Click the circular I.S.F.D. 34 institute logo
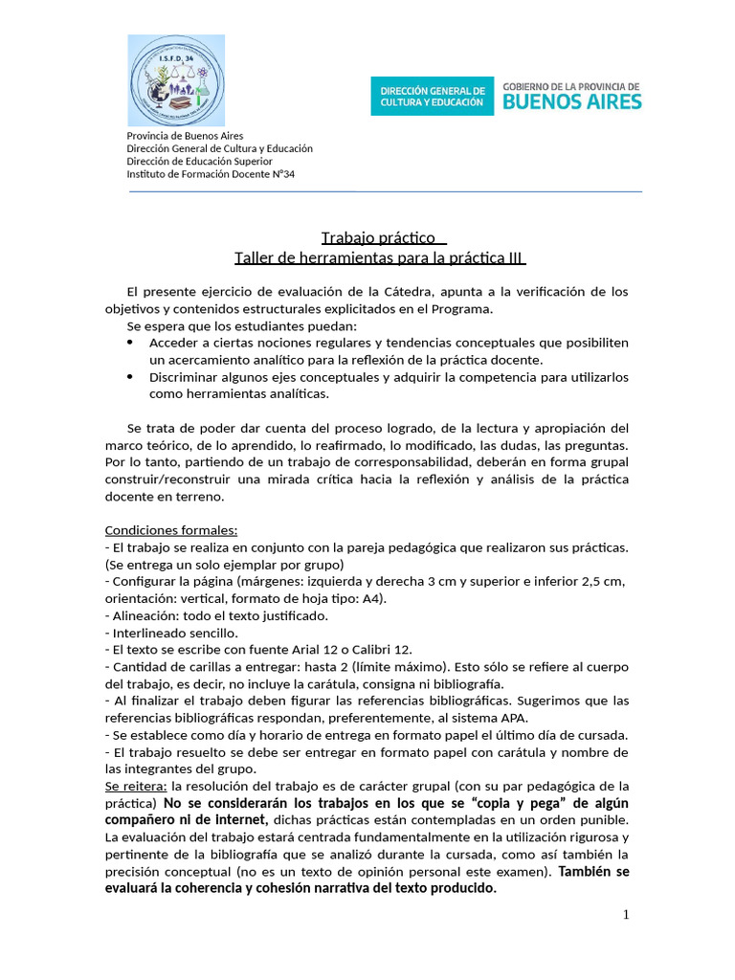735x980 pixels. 176,80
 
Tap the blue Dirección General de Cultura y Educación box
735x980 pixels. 433,96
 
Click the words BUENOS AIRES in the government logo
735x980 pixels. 572,101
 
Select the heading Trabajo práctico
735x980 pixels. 378,237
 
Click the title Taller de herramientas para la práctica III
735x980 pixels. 380,258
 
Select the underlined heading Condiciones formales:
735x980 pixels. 171,529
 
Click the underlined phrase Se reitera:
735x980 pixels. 135,786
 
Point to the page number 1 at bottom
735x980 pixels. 626,915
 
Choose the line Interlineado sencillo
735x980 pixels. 174,633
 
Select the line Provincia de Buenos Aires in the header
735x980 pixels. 185,136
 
